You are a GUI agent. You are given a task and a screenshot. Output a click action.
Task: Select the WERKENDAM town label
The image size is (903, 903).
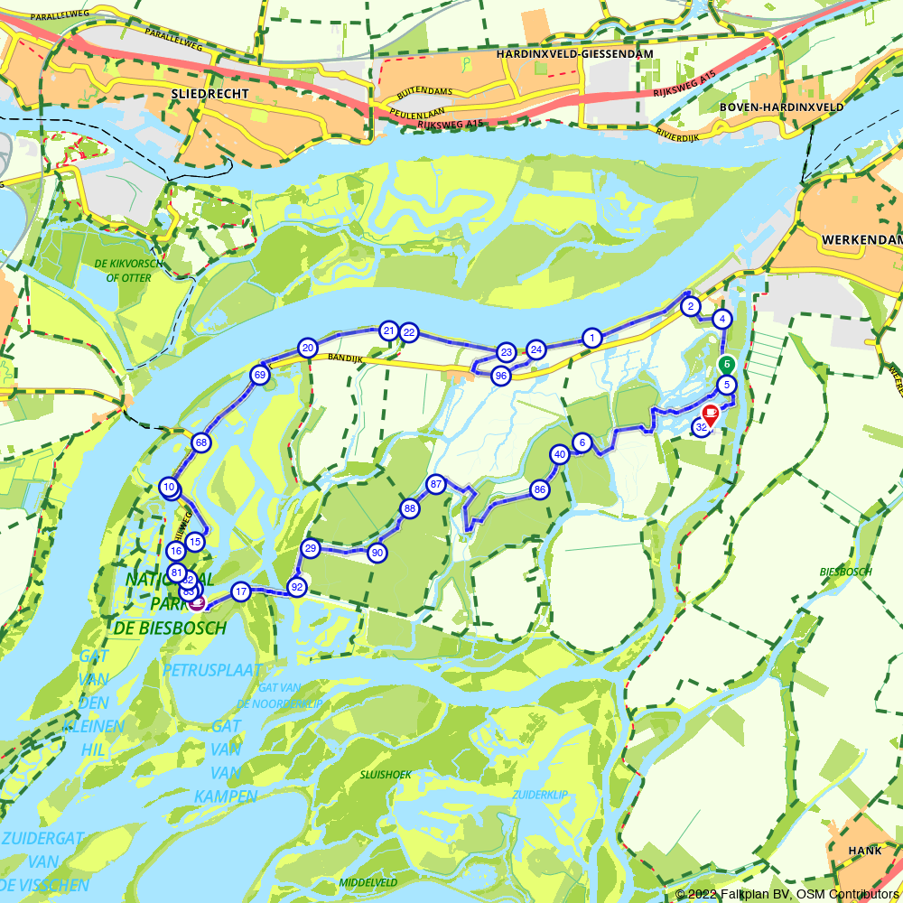tap(862, 239)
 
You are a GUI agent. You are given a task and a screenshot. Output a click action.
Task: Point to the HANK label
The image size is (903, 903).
tap(864, 851)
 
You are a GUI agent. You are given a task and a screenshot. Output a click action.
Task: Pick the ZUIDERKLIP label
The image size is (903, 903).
tap(539, 795)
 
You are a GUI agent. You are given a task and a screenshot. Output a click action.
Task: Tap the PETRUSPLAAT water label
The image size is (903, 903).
tap(212, 670)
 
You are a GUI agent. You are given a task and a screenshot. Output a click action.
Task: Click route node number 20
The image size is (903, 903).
tap(308, 348)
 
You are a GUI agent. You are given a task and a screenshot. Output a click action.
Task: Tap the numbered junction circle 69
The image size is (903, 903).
tap(260, 375)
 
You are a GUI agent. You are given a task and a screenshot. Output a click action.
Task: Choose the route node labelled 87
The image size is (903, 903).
tap(436, 484)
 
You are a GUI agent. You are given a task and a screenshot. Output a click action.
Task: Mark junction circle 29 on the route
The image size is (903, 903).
tap(311, 548)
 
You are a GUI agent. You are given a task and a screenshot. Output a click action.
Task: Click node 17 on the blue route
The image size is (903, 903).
tap(240, 592)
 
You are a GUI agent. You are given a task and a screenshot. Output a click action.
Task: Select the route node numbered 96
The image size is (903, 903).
tap(501, 376)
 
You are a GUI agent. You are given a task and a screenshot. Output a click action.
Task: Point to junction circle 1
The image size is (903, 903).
tap(591, 338)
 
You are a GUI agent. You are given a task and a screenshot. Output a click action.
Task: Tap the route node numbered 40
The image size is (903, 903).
tap(560, 454)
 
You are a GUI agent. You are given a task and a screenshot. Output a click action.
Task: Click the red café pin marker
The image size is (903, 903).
tap(711, 414)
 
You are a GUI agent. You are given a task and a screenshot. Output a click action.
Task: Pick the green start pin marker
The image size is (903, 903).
tap(726, 363)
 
